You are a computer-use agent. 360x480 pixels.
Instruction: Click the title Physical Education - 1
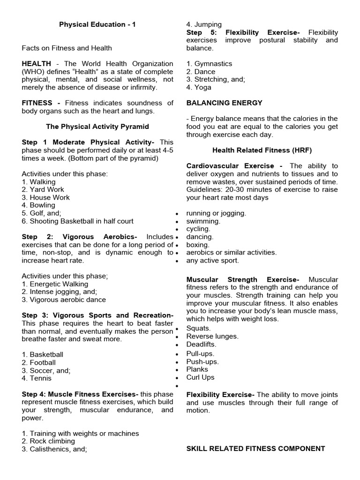point(97,24)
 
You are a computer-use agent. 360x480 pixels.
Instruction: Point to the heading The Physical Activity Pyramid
point(97,127)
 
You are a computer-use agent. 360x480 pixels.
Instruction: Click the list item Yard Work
point(46,189)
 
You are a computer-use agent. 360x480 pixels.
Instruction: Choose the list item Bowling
point(43,205)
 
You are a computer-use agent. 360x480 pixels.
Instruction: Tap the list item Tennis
point(40,378)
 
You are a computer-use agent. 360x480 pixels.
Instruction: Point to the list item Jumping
point(204,24)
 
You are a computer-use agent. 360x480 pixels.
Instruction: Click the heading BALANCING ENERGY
point(224,103)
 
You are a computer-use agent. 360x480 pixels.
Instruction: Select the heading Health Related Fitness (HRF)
point(262,150)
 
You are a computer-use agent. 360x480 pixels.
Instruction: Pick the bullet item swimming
point(203,221)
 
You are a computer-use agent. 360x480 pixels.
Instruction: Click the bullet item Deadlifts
point(201,344)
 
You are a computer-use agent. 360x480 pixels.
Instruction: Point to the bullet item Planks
point(197,369)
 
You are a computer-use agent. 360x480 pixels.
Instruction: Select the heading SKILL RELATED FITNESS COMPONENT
point(255,449)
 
